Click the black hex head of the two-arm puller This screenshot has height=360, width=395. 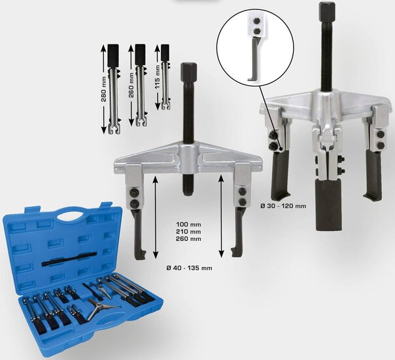point(188,72)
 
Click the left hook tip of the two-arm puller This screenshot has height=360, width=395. point(136,257)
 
